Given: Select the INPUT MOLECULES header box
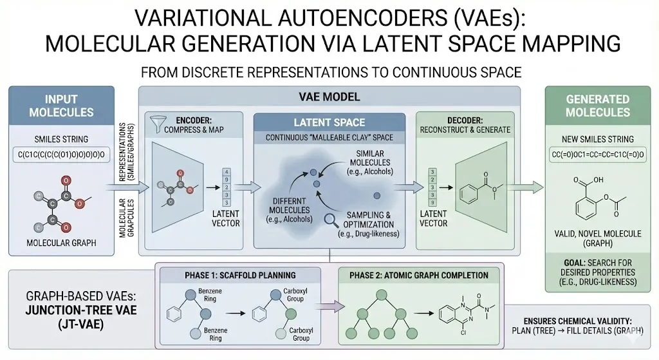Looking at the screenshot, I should pyautogui.click(x=61, y=106).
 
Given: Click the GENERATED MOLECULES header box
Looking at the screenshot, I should pyautogui.click(x=597, y=106).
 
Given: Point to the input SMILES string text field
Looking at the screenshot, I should pyautogui.click(x=61, y=155).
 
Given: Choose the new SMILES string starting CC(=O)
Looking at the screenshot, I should pyautogui.click(x=597, y=155).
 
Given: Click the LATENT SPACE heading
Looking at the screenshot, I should pyautogui.click(x=329, y=122).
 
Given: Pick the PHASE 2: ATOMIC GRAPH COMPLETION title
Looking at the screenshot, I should pyautogui.click(x=418, y=275).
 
